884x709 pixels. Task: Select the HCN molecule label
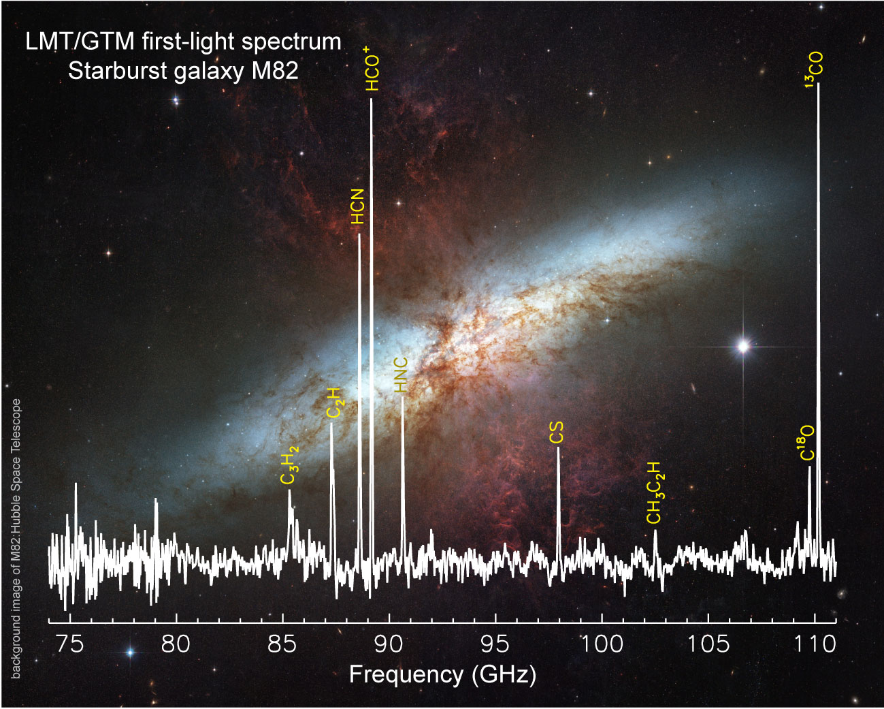coord(358,207)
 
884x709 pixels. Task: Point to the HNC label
coord(402,375)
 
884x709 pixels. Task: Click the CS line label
coord(557,433)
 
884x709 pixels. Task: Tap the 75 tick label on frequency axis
coord(69,643)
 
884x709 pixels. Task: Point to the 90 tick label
coord(389,643)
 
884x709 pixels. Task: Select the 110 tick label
coord(814,643)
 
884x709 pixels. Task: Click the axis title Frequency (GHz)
coord(442,675)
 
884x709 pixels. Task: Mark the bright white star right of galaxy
coord(743,347)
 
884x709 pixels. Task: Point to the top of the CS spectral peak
coord(558,448)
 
